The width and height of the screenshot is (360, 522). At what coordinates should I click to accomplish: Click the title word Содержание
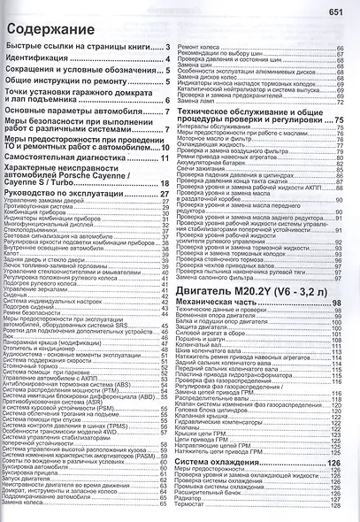click(x=43, y=27)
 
